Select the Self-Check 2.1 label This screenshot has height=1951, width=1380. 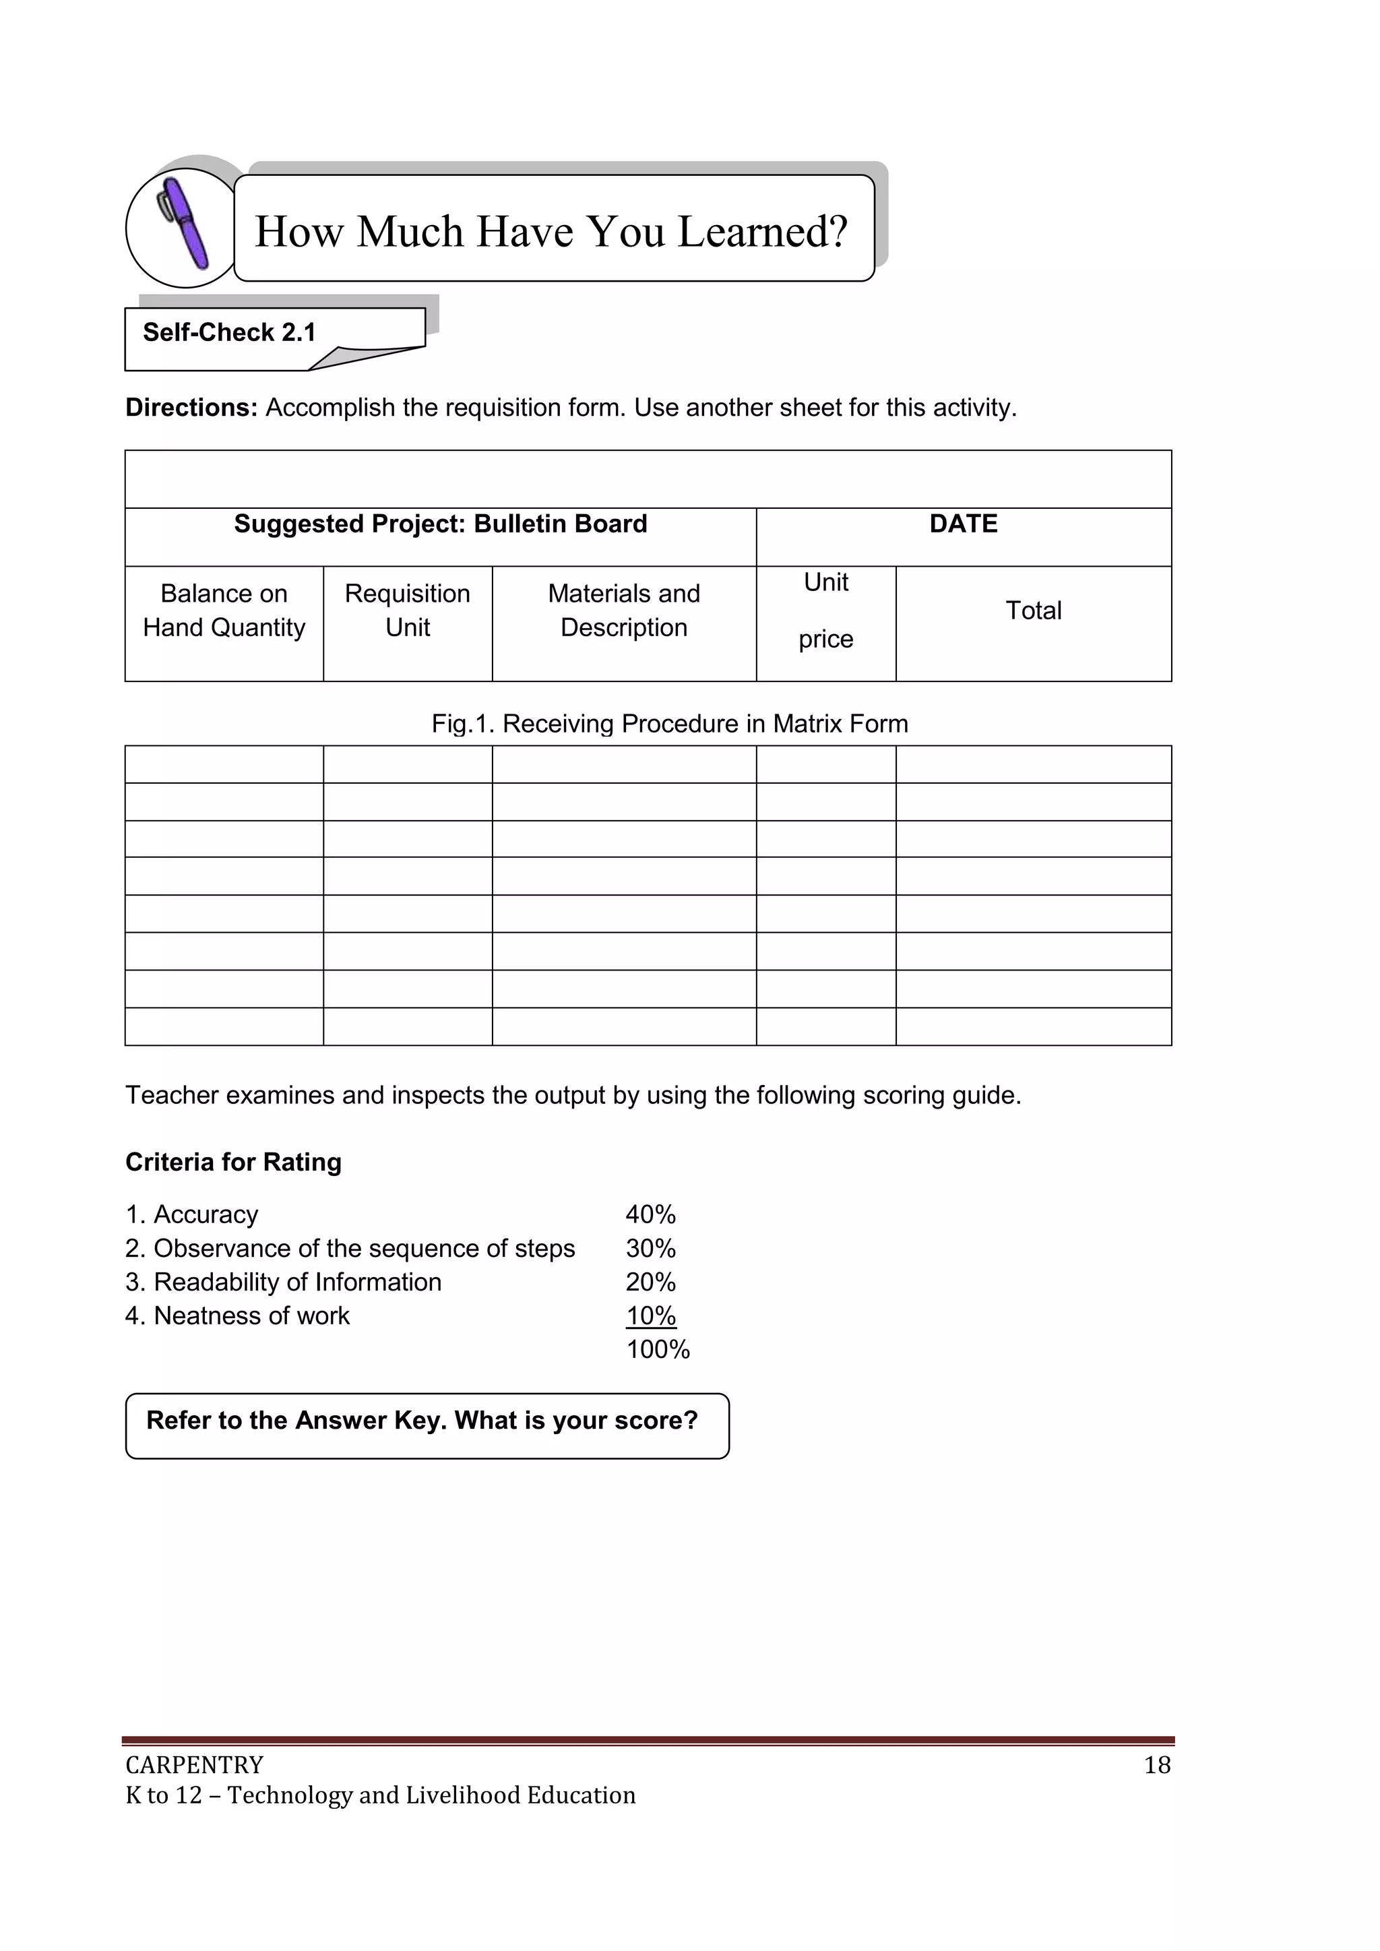(229, 332)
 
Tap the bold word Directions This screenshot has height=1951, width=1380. (191, 408)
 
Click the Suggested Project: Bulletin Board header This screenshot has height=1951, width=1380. (440, 524)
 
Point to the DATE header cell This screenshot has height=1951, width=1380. (963, 524)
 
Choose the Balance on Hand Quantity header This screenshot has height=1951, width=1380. (224, 610)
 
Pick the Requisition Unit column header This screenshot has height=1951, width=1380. (407, 610)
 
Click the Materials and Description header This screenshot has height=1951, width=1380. (624, 610)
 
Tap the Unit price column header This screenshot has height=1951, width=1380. (825, 610)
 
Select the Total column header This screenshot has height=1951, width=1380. (1033, 610)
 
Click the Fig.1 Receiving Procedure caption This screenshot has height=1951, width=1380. (670, 723)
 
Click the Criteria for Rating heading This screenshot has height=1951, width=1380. (233, 1162)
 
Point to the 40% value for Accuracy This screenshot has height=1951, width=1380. (650, 1214)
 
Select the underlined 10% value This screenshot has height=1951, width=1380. (650, 1315)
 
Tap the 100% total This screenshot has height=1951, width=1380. (658, 1349)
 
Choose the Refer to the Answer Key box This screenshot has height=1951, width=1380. (427, 1425)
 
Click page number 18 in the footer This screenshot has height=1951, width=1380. (1156, 1765)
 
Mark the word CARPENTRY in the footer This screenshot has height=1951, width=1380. (195, 1765)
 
